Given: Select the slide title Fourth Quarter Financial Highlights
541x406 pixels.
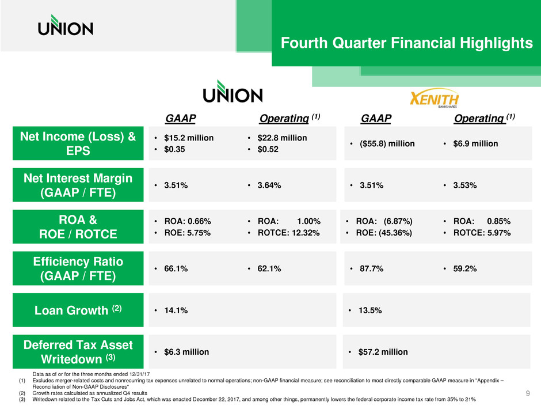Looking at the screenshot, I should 406,43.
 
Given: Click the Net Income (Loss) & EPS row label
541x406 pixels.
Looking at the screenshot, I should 78,143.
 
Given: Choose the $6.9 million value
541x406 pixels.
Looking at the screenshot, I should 474,143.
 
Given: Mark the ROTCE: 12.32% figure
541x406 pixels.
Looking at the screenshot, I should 284,233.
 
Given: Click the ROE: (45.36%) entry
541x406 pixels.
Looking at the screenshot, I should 382,233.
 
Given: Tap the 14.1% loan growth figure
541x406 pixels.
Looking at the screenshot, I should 173,310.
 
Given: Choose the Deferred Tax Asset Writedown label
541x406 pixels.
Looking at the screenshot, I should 78,352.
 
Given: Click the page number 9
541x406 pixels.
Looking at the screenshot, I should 528,393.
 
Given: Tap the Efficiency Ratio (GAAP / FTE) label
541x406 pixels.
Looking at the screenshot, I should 78,269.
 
